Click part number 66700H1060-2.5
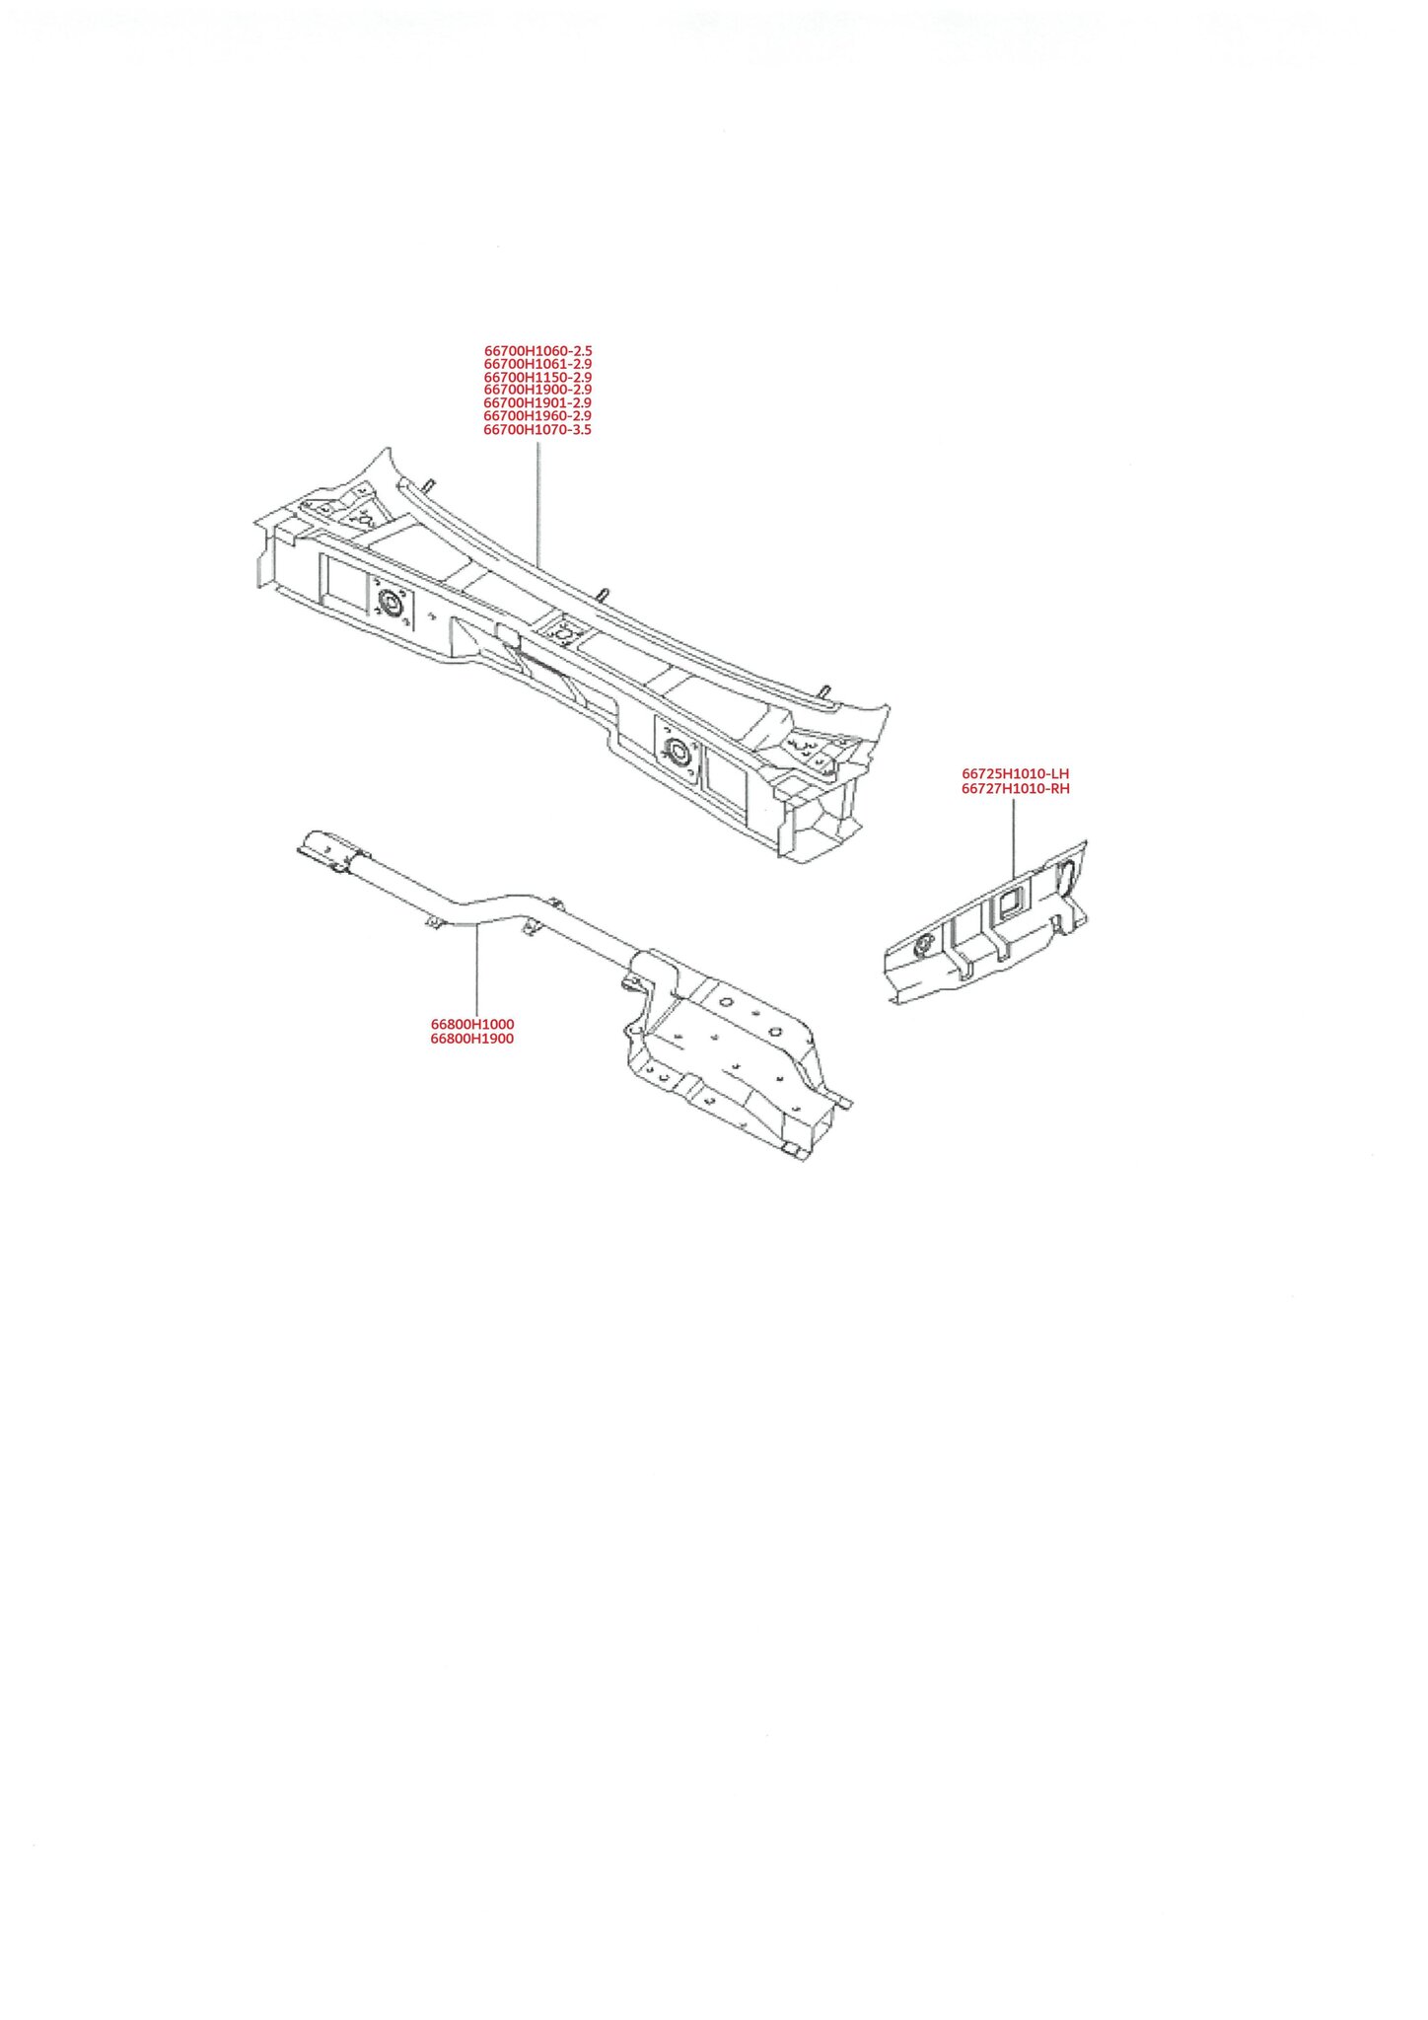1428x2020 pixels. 537,350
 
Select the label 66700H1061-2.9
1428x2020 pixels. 537,364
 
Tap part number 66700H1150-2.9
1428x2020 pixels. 537,377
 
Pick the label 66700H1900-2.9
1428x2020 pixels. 537,390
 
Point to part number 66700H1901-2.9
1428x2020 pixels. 537,402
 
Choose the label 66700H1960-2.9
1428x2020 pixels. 537,415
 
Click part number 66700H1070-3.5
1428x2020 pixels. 537,429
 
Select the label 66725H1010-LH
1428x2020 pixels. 1015,774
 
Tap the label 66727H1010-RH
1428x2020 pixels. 1015,789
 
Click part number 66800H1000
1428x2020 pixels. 472,1024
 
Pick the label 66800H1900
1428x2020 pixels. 472,1039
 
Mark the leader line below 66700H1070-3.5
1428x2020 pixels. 538,503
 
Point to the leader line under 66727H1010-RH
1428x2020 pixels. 1014,837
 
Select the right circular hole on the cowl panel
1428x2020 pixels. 678,752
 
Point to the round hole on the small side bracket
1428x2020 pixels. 924,946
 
